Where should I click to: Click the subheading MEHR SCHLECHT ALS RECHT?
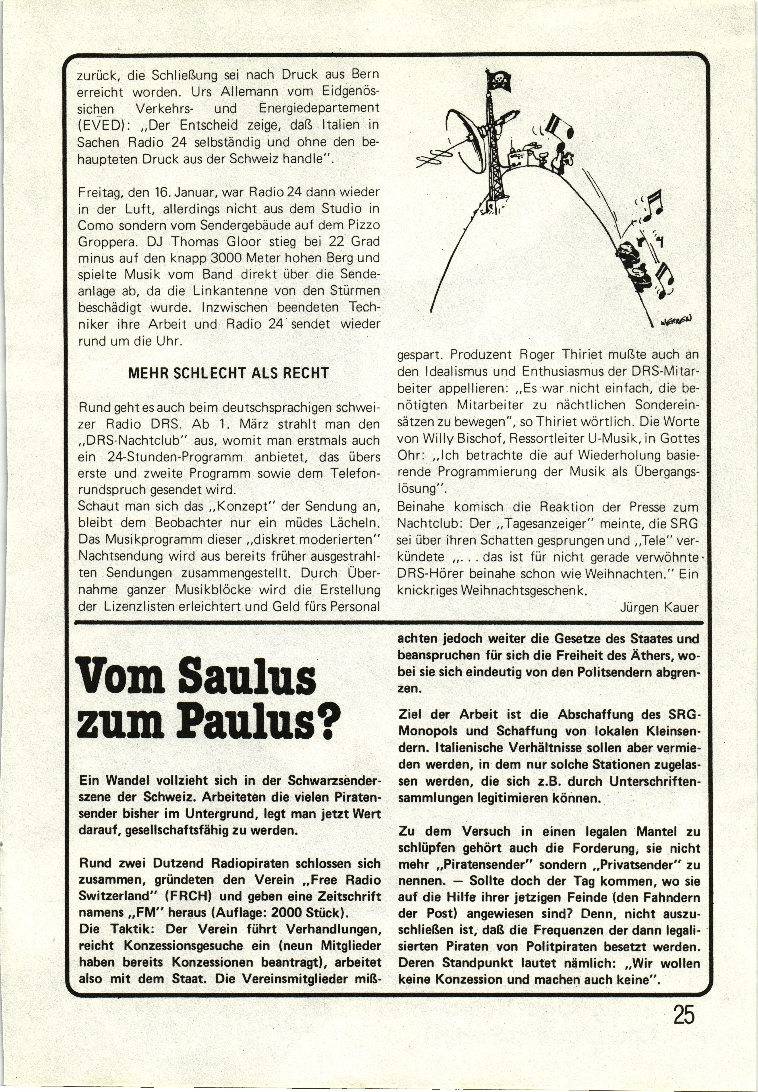tap(228, 373)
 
